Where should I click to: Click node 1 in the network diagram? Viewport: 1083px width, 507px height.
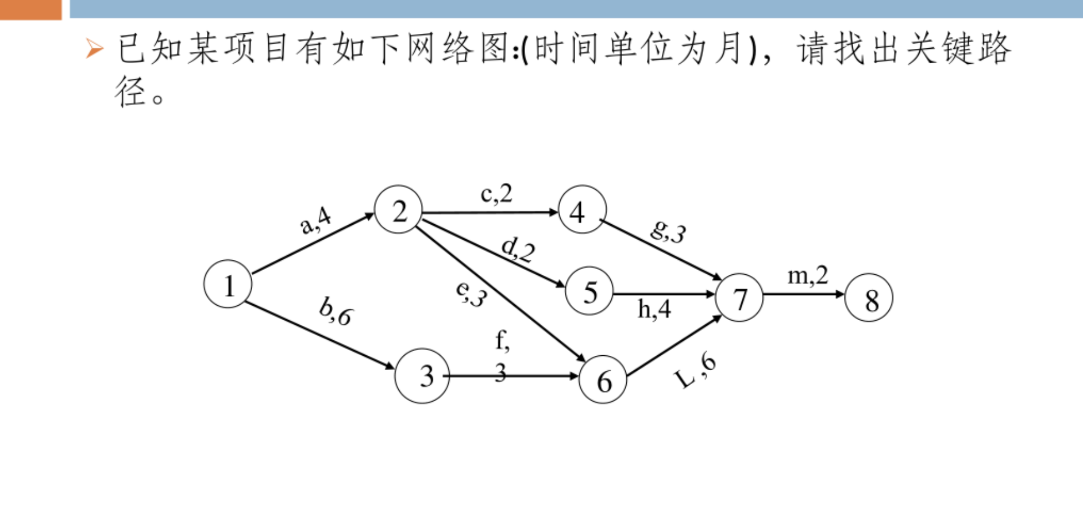click(228, 284)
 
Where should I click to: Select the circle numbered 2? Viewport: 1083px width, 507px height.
click(398, 210)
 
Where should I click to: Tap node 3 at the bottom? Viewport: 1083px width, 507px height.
click(422, 376)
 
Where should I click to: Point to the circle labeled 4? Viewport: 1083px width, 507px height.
click(582, 210)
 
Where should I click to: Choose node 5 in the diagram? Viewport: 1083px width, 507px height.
click(589, 291)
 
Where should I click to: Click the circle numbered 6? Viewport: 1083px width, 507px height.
click(603, 379)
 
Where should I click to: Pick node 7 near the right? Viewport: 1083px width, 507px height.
click(739, 298)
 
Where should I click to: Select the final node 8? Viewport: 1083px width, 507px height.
click(869, 298)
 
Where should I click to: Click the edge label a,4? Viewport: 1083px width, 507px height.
click(315, 220)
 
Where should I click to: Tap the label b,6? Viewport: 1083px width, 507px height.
click(336, 312)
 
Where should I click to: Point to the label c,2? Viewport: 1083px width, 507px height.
click(496, 194)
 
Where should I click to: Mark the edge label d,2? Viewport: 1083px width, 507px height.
click(518, 249)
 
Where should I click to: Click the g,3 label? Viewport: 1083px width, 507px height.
click(668, 231)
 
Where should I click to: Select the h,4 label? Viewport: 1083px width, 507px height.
click(654, 309)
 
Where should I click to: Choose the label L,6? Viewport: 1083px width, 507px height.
click(695, 371)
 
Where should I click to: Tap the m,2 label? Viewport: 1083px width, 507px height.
click(807, 275)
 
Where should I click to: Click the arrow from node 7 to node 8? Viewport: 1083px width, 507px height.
click(804, 294)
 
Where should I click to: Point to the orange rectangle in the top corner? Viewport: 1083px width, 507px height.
click(30, 9)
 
